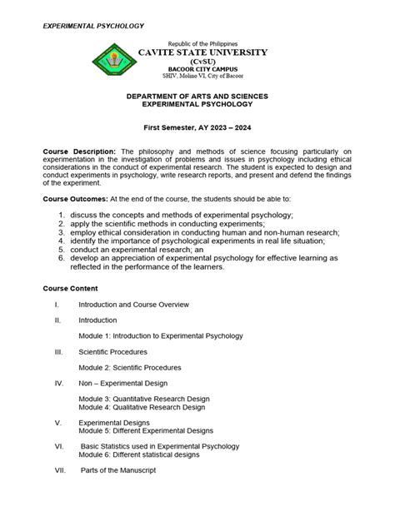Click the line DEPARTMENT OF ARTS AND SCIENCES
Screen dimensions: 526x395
pyautogui.click(x=197, y=97)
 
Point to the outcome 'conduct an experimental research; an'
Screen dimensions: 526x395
pyautogui.click(x=128, y=249)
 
